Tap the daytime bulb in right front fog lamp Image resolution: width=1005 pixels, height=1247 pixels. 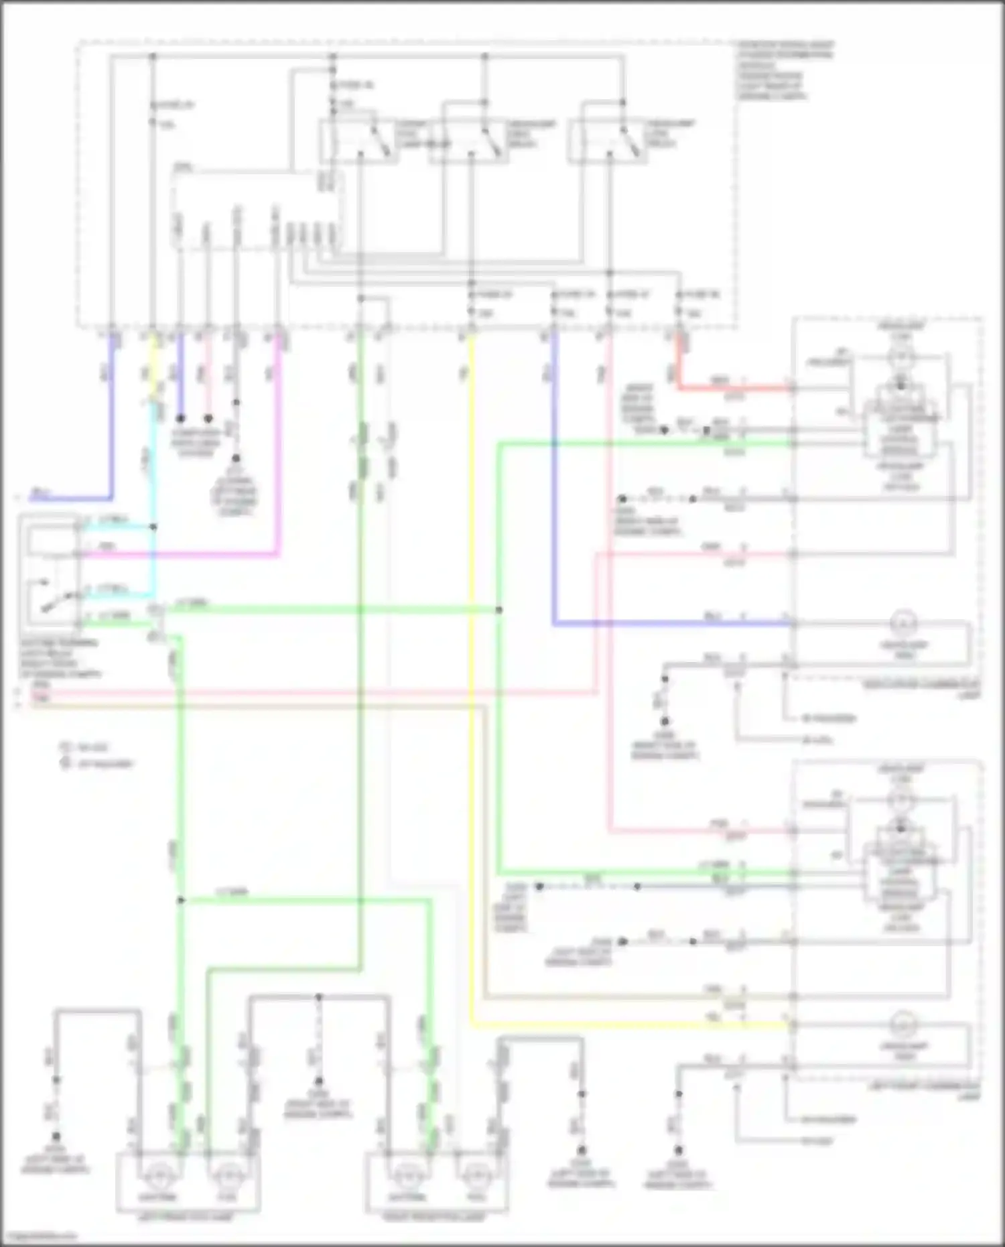(x=404, y=1177)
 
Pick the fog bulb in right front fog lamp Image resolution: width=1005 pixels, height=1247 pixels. (x=476, y=1177)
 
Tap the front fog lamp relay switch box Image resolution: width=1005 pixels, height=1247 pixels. (x=357, y=141)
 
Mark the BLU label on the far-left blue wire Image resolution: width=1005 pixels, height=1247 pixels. (x=42, y=495)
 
